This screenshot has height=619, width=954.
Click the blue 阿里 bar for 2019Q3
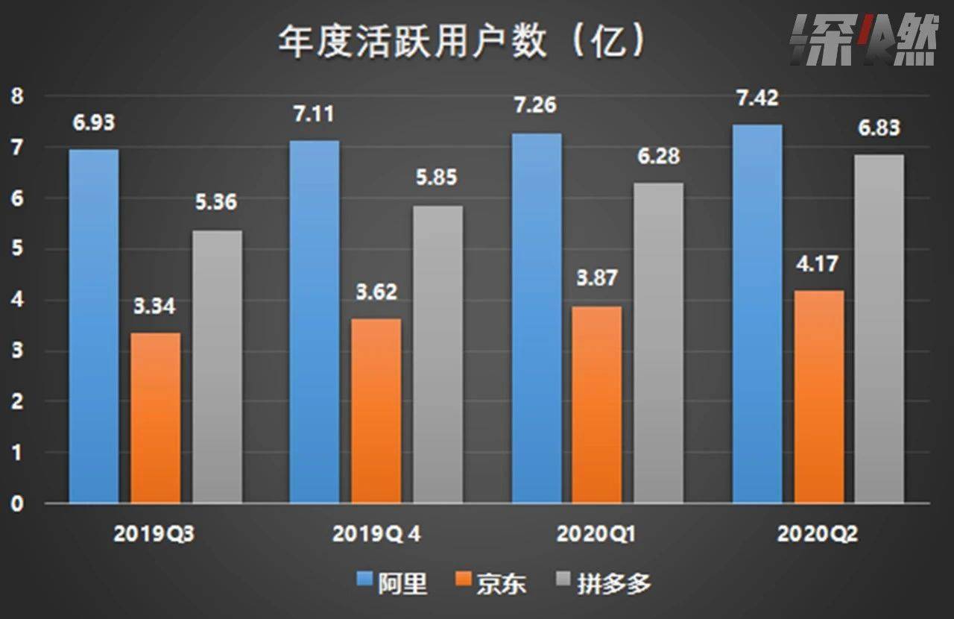point(94,326)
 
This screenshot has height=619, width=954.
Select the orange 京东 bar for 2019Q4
point(376,410)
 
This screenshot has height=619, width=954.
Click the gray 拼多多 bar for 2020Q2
point(879,329)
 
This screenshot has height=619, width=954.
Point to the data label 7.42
point(758,98)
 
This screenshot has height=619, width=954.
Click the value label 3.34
point(155,307)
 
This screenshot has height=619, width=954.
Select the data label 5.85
point(436,178)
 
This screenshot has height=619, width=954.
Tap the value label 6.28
point(658,157)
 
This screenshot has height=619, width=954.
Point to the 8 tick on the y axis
point(16,96)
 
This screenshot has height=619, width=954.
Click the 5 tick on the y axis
point(16,249)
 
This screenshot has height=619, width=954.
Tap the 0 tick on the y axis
point(16,503)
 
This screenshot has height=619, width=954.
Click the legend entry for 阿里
point(392,583)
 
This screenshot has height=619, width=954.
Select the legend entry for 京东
point(490,583)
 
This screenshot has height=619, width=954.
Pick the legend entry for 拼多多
point(604,583)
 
